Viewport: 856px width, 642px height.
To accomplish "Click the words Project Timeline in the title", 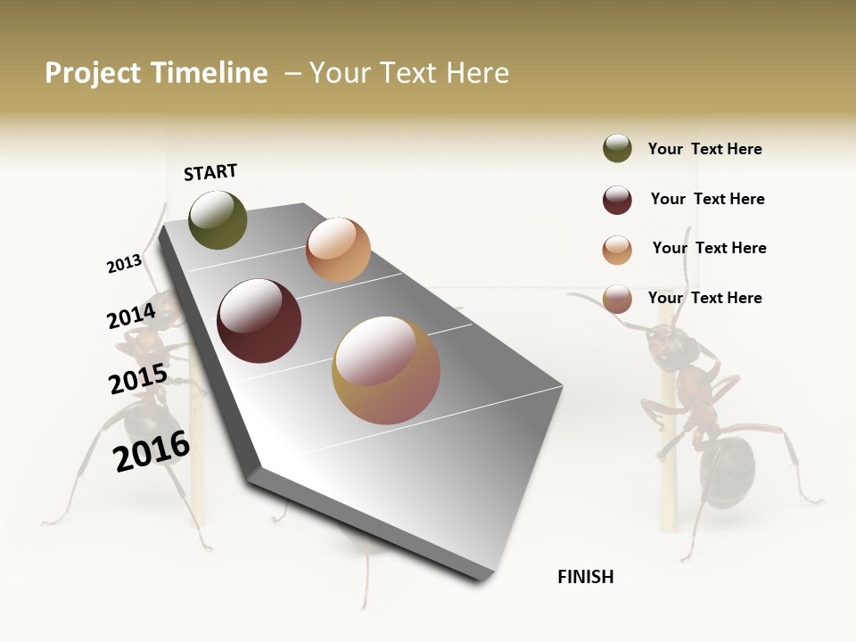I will click(156, 73).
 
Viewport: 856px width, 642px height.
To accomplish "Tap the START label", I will click(210, 172).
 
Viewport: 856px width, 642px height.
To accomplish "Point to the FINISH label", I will click(586, 577).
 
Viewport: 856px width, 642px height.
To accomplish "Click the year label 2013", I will click(125, 264).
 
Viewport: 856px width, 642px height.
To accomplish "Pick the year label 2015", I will click(138, 379).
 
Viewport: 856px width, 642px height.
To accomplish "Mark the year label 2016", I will click(152, 450).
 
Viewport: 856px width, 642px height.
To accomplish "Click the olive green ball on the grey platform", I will click(218, 220).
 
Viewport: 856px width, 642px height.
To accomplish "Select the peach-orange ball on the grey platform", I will click(338, 250).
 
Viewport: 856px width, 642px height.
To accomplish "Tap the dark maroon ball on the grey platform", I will click(259, 321).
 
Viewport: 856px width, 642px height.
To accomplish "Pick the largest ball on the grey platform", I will click(386, 370).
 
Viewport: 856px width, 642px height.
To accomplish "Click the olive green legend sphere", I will click(617, 149).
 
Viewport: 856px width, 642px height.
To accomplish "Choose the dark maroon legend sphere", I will click(617, 200).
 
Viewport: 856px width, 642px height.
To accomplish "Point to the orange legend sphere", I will click(617, 250).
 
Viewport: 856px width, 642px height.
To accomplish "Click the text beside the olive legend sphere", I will click(704, 150).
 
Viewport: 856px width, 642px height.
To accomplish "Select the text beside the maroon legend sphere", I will click(707, 199).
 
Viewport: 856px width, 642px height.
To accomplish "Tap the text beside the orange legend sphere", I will click(709, 248).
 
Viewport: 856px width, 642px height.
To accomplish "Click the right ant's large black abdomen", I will click(728, 470).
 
